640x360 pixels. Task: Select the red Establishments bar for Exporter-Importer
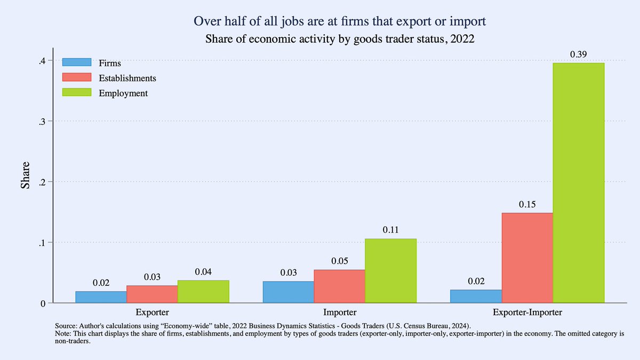click(x=527, y=258)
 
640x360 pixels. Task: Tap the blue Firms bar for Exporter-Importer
click(x=476, y=297)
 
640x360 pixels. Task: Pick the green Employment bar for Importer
click(x=390, y=271)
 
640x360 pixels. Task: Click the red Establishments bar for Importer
click(x=339, y=286)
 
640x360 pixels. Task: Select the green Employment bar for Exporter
click(x=203, y=292)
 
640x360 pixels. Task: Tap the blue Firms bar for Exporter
click(x=101, y=297)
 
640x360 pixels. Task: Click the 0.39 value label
click(x=579, y=54)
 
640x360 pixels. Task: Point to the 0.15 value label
click(x=527, y=204)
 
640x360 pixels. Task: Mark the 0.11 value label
click(x=390, y=230)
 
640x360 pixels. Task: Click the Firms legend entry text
click(x=110, y=63)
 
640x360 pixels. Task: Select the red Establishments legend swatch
click(x=77, y=78)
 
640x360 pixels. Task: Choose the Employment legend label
click(x=123, y=93)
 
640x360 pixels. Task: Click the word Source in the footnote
click(x=66, y=325)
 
